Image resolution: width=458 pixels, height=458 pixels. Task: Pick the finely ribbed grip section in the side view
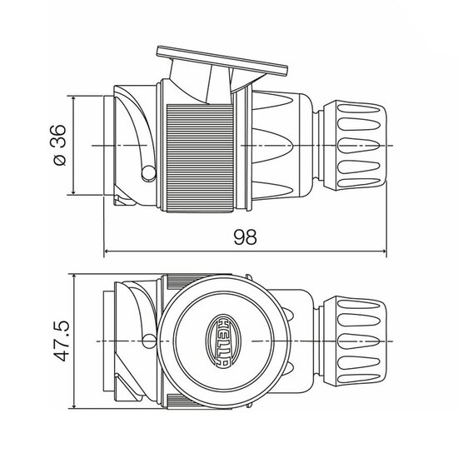[x=200, y=154]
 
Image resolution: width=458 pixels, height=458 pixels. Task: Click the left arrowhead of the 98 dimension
[x=107, y=251]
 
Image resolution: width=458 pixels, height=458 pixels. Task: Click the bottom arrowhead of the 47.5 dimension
[x=76, y=407]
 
